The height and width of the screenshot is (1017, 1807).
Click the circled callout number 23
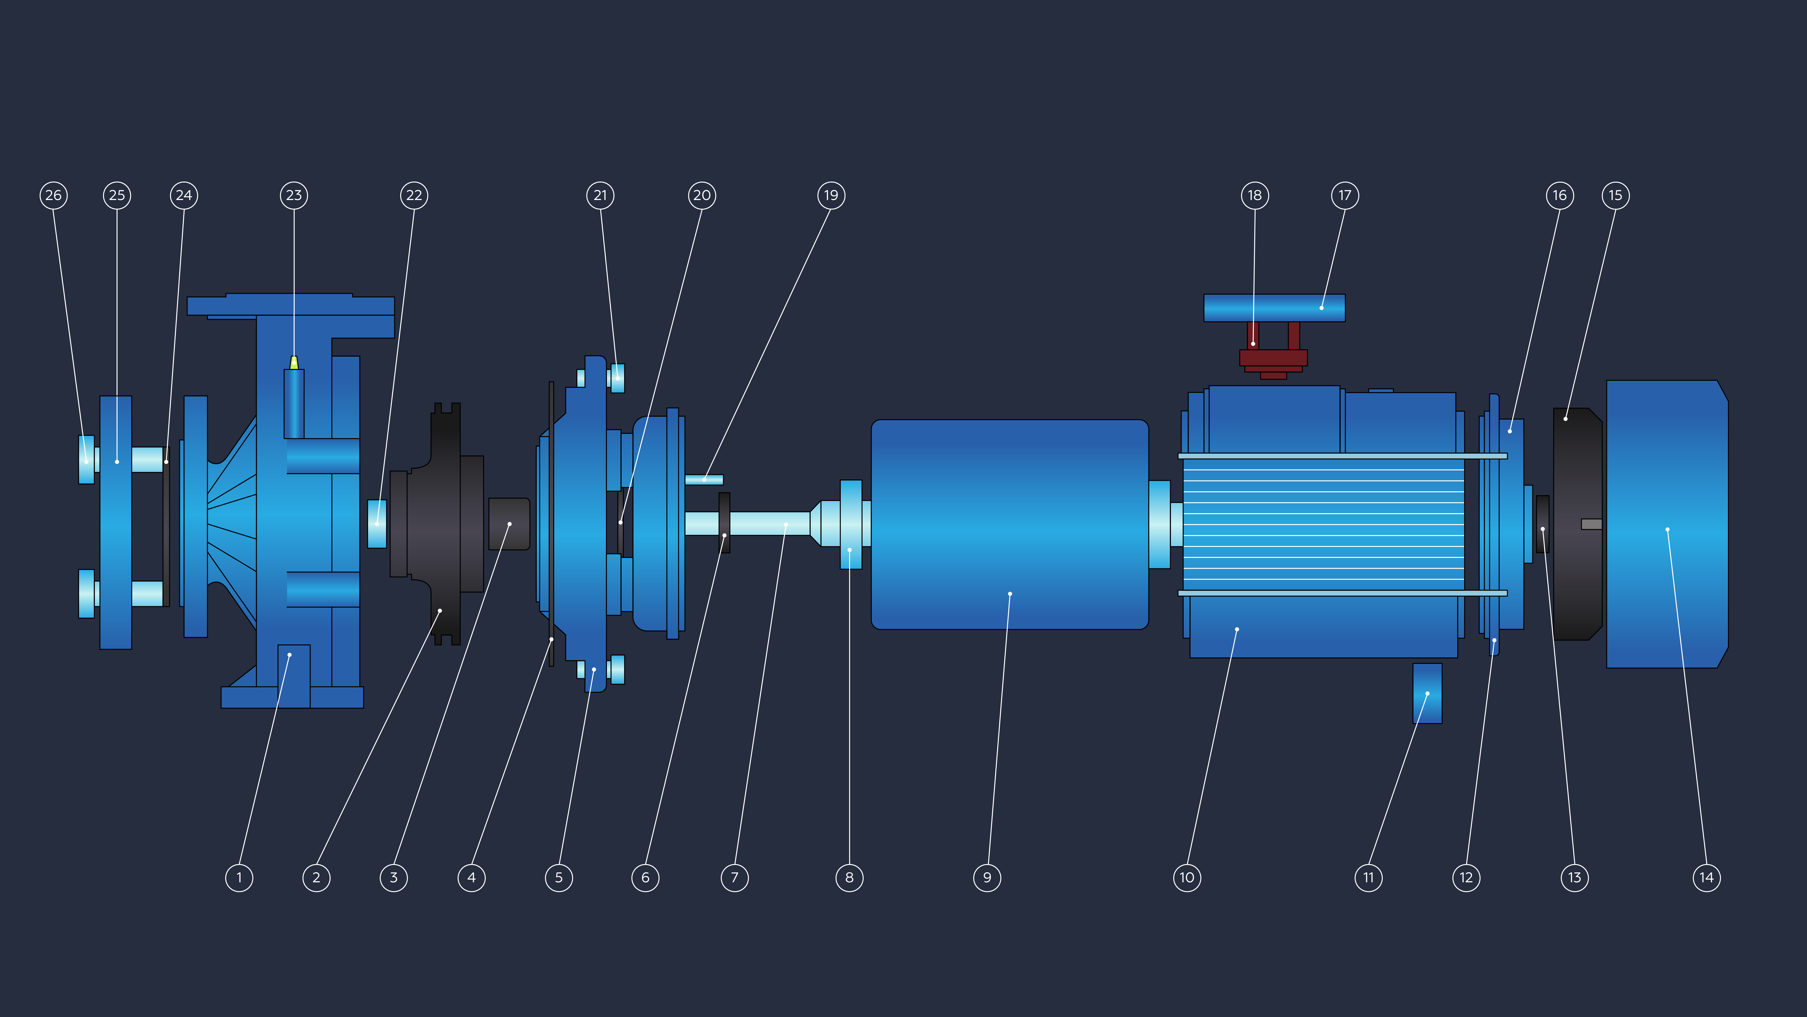click(x=294, y=195)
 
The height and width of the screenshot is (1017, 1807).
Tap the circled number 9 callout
click(x=987, y=877)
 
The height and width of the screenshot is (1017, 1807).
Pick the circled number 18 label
click(x=1255, y=195)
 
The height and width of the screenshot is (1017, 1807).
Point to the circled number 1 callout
click(x=239, y=877)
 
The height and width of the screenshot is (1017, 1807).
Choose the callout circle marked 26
click(x=53, y=195)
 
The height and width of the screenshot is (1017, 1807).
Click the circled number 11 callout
click(x=1369, y=877)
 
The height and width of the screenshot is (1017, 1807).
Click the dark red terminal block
click(x=1273, y=351)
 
